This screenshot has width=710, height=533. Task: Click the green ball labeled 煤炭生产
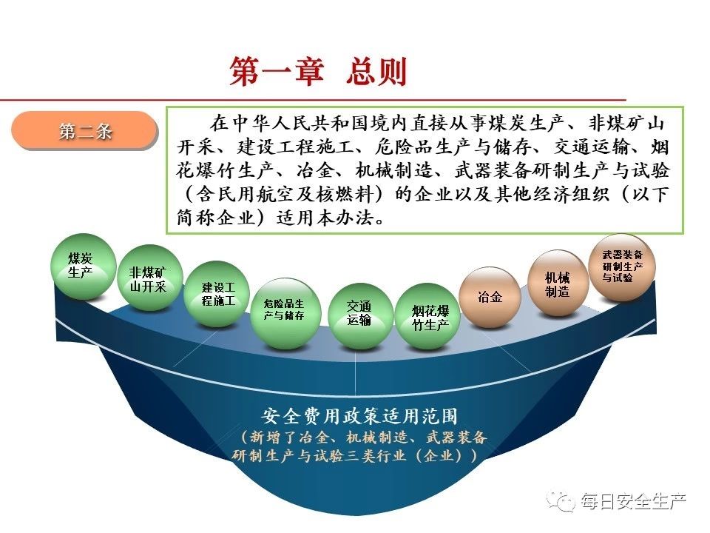(x=84, y=266)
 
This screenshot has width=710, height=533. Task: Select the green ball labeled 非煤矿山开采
(x=149, y=278)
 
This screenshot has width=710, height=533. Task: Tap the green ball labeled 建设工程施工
(x=217, y=294)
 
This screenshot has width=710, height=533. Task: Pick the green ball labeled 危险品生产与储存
(x=285, y=313)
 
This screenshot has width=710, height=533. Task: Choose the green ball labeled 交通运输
(x=360, y=315)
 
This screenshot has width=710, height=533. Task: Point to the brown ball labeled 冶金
(x=490, y=298)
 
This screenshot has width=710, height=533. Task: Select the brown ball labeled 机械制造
(x=558, y=283)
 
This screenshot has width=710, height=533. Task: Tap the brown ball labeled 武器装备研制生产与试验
(x=622, y=267)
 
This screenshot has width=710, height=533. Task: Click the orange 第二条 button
(x=84, y=130)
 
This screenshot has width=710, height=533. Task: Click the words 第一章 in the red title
(x=276, y=71)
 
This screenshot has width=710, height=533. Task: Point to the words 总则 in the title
(x=376, y=71)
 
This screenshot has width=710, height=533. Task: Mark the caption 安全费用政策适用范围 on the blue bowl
(x=359, y=416)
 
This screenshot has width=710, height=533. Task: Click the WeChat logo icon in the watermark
(x=561, y=500)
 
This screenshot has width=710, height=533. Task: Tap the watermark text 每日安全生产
(x=634, y=501)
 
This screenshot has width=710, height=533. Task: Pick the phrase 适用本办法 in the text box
(x=325, y=218)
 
